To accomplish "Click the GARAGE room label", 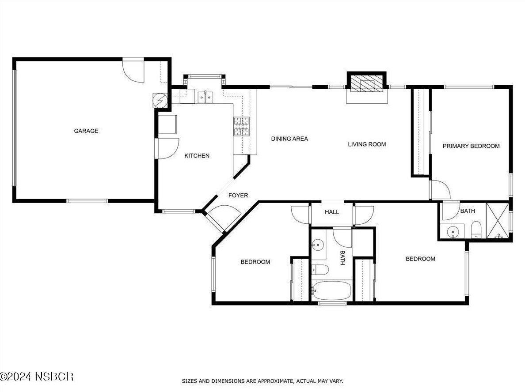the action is pos(86,131).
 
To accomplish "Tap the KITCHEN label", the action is pos(197,155).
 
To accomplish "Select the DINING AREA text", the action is pos(289,139).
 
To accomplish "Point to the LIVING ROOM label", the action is pos(367,144).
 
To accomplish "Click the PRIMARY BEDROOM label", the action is pos(471,146).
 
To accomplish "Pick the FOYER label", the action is pos(238,195).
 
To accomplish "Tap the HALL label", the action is pos(332,212).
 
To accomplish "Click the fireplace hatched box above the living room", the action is pos(366,83).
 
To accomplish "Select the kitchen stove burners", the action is pos(241,126).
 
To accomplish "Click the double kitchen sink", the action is pos(205,97).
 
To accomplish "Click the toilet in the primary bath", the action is pos(476,230).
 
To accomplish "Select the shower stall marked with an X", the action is pos(497,221).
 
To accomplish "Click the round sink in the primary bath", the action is pos(453,231).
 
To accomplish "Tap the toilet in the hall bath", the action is pos(320,270).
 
